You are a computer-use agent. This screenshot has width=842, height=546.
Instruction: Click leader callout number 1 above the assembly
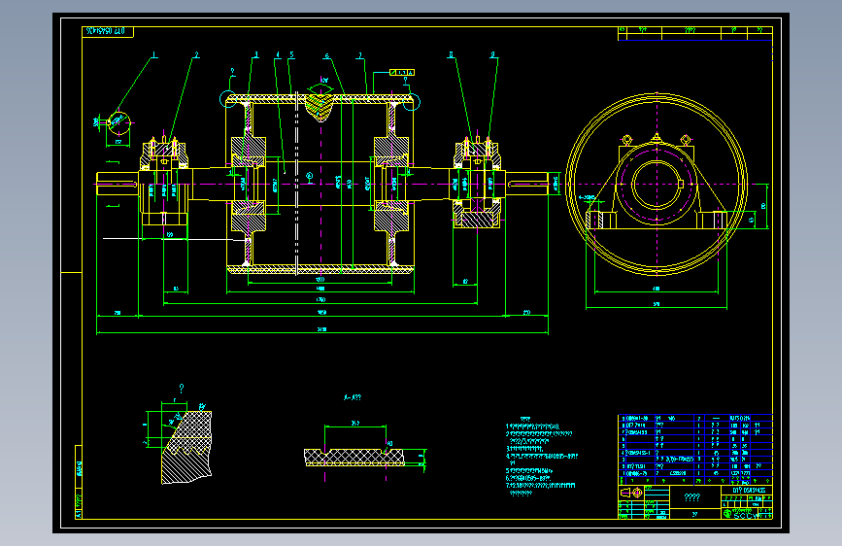(x=154, y=54)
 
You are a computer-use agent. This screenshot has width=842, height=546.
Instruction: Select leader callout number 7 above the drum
(x=360, y=55)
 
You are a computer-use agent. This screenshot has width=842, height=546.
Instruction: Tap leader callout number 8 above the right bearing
(x=493, y=55)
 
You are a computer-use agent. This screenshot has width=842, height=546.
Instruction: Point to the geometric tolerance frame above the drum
(x=403, y=72)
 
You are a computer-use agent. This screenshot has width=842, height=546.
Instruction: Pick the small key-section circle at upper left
(x=118, y=121)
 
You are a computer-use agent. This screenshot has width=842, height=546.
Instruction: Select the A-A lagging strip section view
(x=359, y=456)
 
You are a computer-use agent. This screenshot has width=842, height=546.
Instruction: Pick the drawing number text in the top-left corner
(x=106, y=32)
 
